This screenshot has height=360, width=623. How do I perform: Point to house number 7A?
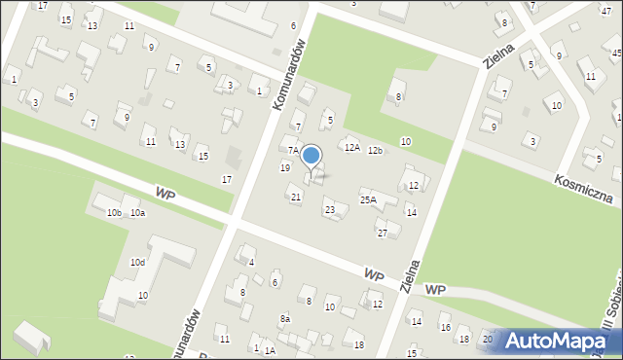[x=292, y=150]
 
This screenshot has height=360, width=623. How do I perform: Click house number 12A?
[x=351, y=147]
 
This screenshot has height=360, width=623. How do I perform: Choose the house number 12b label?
[x=375, y=150]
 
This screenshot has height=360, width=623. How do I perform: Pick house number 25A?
[x=368, y=199]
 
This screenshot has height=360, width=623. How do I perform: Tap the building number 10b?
[x=114, y=212]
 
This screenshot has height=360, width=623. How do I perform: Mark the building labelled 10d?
[x=138, y=262]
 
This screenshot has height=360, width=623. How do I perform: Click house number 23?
[x=330, y=210]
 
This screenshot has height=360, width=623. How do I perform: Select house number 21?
[x=296, y=198]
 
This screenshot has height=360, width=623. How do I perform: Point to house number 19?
[x=285, y=168]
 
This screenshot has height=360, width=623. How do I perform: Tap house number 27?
[x=383, y=233]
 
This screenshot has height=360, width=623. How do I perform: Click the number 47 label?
[x=605, y=10]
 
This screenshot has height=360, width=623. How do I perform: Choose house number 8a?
[x=285, y=318]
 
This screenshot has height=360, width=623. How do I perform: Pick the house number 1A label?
[x=270, y=350]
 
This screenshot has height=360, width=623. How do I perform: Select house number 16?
[x=445, y=328]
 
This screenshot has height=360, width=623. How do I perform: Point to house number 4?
[x=252, y=262]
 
